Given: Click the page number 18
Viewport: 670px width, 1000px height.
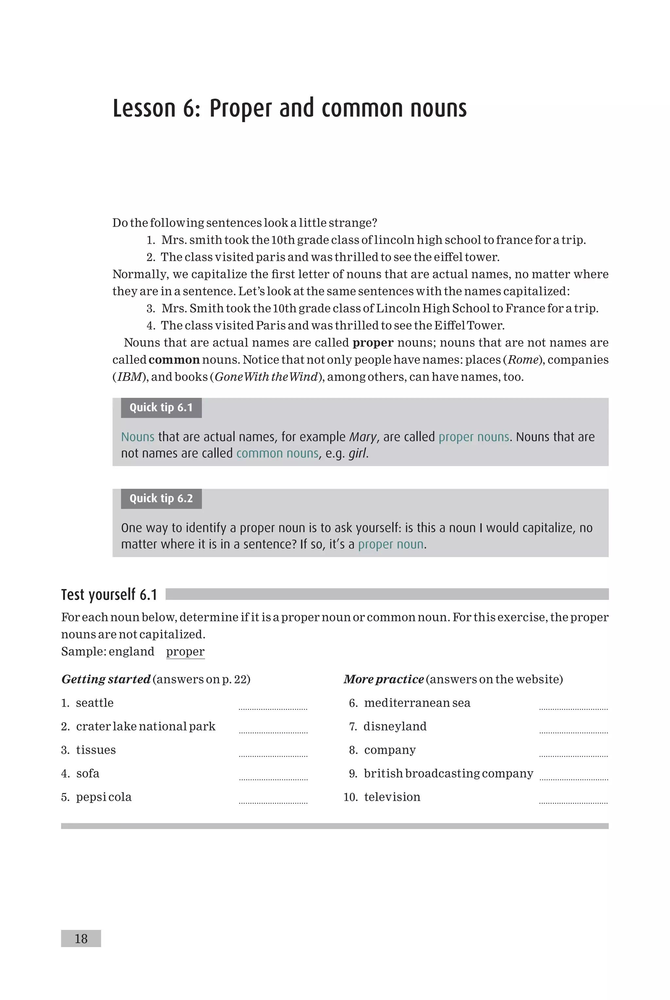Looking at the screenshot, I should (x=81, y=939).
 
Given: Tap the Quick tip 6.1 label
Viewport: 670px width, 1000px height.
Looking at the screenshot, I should (x=161, y=408).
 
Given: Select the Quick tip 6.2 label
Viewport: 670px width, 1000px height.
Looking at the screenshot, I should (x=161, y=499).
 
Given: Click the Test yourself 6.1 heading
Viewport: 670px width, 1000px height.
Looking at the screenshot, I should (x=109, y=594).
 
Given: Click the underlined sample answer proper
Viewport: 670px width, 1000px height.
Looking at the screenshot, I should (x=185, y=651).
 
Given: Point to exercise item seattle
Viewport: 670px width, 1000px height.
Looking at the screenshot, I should (x=95, y=703).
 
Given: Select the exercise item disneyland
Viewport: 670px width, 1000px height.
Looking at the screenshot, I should (x=395, y=726).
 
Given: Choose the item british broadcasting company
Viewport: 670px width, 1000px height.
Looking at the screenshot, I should (x=448, y=773).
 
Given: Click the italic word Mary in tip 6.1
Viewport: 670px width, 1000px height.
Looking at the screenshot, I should (x=363, y=437).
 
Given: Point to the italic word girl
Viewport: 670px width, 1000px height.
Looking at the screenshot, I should (x=357, y=453).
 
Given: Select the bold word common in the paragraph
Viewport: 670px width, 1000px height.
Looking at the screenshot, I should (x=174, y=360).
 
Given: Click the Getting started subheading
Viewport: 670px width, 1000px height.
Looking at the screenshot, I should (x=106, y=679).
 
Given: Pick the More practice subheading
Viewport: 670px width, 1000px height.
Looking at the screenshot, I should (x=383, y=679).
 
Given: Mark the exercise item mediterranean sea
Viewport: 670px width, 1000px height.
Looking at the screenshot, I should (x=416, y=703).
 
